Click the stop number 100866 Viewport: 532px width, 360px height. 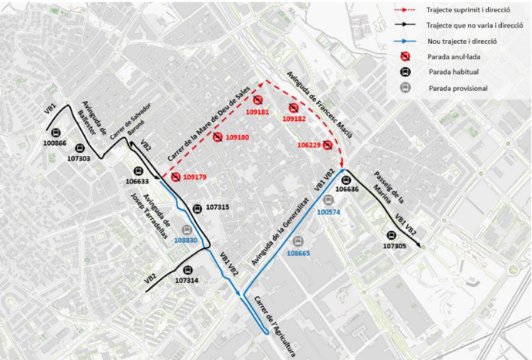(x=56, y=144)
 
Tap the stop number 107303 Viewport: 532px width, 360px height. (x=79, y=159)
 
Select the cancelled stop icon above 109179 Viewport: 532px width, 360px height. (x=176, y=177)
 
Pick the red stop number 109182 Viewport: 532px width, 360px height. (x=295, y=119)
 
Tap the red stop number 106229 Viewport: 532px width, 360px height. (x=309, y=144)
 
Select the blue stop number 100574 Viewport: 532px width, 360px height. (x=328, y=211)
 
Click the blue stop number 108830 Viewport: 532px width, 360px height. (x=186, y=240)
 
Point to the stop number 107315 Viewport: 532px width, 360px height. (x=217, y=207)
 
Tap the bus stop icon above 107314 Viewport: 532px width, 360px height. (x=187, y=271)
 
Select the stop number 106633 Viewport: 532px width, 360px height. (x=137, y=181)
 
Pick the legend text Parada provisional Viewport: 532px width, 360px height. (x=460, y=88)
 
